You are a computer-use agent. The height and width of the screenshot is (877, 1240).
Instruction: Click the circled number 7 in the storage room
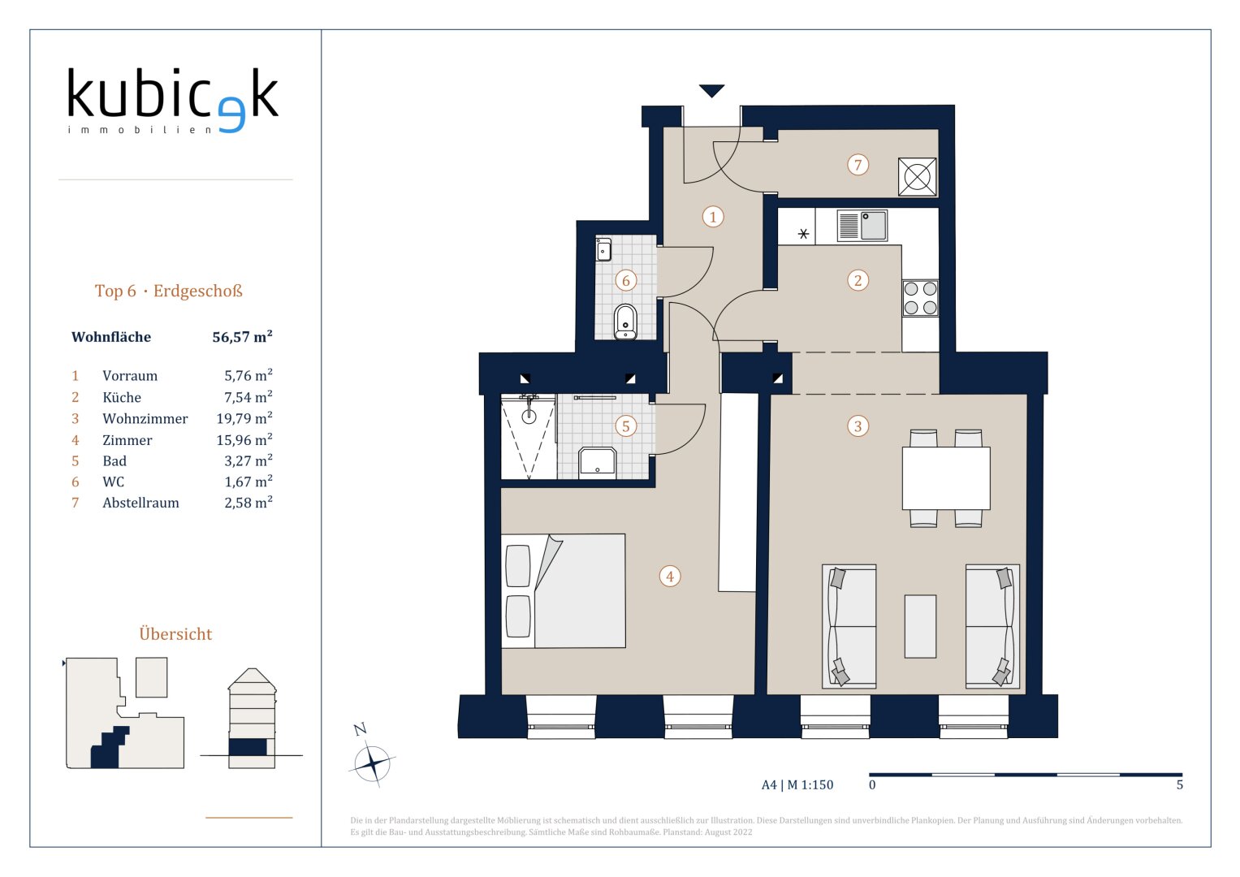tap(858, 164)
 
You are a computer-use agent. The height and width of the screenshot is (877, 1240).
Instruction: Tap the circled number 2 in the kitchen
tap(858, 280)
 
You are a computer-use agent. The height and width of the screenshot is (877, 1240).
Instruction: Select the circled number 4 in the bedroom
tap(670, 577)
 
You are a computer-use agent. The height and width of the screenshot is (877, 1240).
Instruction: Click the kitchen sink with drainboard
tap(862, 226)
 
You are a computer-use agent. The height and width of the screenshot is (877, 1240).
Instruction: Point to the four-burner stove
tap(920, 298)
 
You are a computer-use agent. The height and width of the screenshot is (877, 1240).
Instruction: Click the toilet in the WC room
tap(625, 321)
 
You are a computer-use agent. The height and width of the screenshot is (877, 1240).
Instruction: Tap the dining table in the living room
tap(946, 478)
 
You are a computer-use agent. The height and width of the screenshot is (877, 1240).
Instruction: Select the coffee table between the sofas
tap(920, 626)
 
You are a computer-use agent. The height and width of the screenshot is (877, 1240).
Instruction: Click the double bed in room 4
tap(564, 591)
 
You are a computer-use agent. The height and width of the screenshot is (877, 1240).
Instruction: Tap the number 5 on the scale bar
tap(1180, 784)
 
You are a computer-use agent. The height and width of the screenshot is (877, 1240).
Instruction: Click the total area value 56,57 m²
tap(243, 337)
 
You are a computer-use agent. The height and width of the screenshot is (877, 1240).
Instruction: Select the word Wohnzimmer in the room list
tap(145, 418)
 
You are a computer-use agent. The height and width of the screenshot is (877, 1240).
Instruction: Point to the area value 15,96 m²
tap(244, 439)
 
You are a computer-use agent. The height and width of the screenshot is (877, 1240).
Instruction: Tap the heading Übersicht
tap(175, 633)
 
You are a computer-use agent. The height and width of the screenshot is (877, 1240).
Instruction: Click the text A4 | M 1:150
tap(797, 784)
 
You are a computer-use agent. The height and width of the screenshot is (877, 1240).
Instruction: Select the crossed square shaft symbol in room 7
tap(918, 177)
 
